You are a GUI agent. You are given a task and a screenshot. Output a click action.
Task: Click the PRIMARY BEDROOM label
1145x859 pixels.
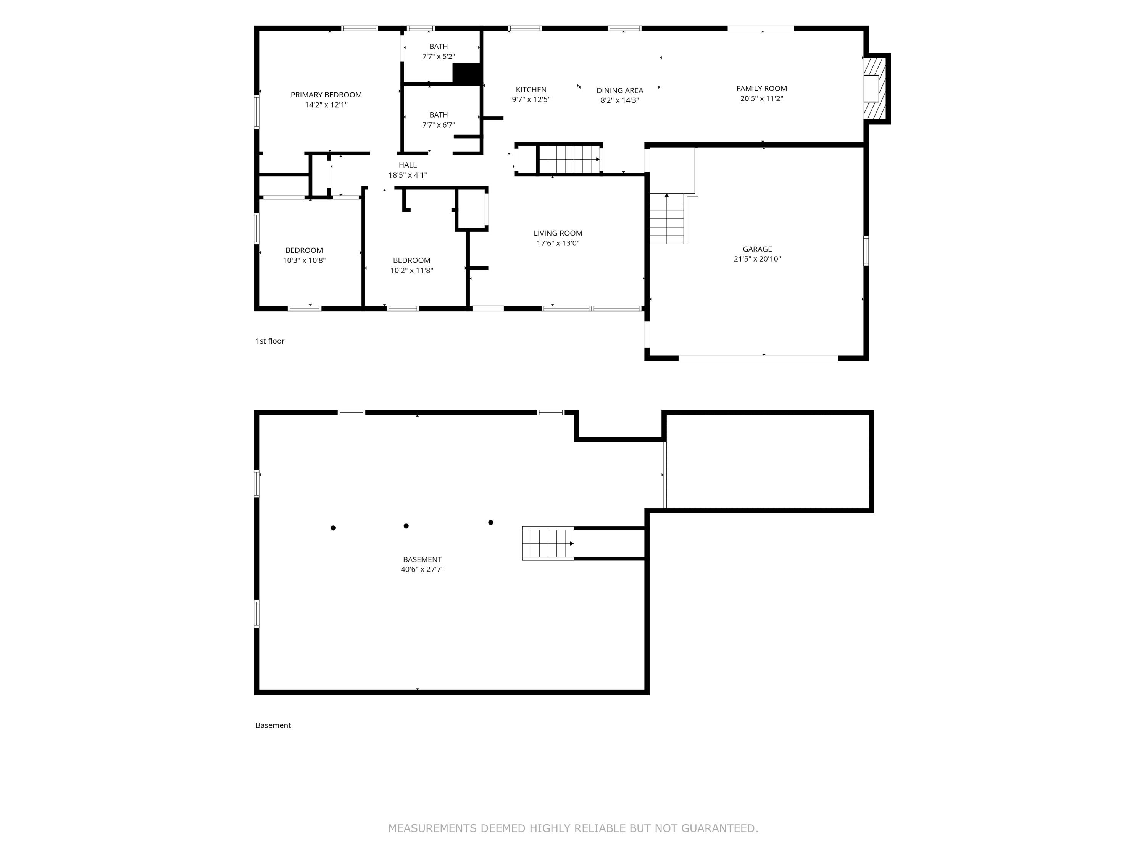pos(326,95)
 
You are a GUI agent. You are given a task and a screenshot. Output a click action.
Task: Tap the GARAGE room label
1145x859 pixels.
pos(757,249)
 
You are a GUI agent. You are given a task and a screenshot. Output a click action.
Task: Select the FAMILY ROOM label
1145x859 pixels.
pos(761,89)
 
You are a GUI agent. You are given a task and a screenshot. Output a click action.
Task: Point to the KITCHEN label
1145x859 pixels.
pos(531,90)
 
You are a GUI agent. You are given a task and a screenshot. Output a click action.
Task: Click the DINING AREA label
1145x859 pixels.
pos(619,90)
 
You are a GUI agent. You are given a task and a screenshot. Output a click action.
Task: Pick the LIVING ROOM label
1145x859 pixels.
pos(558,233)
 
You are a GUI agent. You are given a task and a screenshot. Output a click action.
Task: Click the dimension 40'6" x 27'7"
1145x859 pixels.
pos(423,570)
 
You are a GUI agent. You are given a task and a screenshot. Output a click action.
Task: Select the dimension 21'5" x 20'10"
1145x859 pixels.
pos(757,259)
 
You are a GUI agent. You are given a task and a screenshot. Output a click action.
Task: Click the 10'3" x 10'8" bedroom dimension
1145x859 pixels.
pos(304,260)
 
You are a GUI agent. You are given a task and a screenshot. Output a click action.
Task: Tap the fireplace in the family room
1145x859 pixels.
pos(875,89)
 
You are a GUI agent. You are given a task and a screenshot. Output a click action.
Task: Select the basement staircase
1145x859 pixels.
pos(548,544)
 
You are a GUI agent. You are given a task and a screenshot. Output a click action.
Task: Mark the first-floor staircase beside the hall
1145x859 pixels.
pos(569,159)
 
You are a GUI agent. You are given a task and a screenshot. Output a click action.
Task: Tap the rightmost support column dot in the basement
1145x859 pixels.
pos(491,522)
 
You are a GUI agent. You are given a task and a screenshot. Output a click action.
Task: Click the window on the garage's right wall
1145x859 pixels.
pos(866,251)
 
